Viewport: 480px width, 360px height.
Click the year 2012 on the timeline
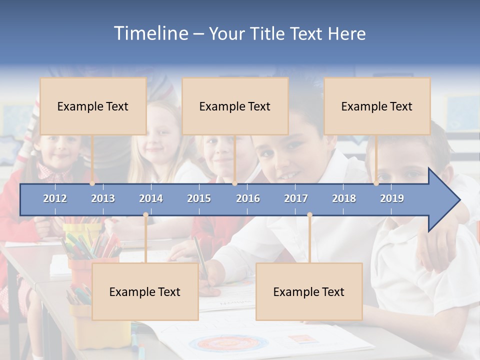coord(55,198)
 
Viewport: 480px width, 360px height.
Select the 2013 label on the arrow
coord(103,198)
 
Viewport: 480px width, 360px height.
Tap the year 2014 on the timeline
coord(151,198)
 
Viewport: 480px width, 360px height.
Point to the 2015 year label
coord(199,198)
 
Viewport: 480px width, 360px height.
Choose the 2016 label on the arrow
coord(248,198)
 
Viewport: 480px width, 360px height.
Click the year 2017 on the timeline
coord(296,198)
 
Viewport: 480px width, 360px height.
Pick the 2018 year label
coord(344,198)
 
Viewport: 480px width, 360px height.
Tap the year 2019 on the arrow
coord(392,198)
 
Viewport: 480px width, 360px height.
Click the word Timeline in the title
coord(150,33)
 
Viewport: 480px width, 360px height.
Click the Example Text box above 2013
coord(93,106)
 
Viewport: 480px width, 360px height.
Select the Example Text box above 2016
coord(235,106)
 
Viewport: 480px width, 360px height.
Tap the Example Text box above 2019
coord(377,106)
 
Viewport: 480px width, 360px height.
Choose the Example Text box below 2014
coord(145,291)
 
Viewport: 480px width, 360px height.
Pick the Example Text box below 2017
coord(309,291)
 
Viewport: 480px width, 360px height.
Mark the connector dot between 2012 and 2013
coord(92,183)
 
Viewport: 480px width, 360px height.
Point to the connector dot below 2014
coord(145,215)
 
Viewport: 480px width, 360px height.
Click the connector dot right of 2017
coord(309,215)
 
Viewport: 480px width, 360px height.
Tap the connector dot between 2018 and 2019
coord(376,183)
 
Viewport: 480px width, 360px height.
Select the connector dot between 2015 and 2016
coord(234,183)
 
